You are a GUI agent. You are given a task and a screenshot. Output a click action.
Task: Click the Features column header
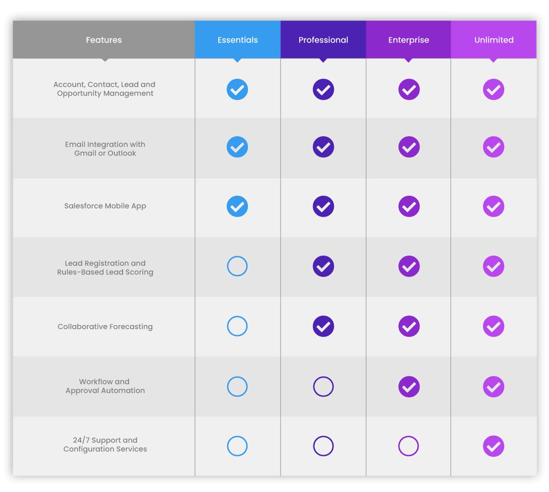point(104,40)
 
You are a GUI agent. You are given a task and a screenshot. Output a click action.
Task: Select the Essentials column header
point(237,40)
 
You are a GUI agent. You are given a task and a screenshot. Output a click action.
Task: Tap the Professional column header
point(323,40)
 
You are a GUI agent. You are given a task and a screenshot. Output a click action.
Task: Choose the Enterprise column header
point(409,40)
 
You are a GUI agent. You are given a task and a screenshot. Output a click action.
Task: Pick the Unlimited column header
point(494,40)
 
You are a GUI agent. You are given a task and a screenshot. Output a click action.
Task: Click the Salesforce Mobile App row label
point(105,206)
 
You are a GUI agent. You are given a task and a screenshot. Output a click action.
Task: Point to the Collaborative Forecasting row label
point(105,326)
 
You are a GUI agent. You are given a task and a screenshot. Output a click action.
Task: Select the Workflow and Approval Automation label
point(105,386)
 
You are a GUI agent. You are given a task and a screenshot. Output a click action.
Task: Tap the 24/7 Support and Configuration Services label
point(105,444)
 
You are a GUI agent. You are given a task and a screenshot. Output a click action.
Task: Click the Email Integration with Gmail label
point(105,149)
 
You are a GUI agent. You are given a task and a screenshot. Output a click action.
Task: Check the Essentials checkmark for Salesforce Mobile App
point(237,207)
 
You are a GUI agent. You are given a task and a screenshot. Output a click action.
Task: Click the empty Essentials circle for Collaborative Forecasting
point(237,326)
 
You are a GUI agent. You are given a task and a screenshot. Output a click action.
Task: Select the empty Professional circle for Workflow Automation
point(323,386)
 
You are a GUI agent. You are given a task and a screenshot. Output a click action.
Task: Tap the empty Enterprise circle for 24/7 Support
point(409,446)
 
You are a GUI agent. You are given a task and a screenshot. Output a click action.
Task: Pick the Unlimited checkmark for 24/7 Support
point(494,446)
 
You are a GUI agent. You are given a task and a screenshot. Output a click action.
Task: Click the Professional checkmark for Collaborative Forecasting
point(323,326)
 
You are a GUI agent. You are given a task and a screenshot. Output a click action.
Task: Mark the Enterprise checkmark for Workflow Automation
point(409,387)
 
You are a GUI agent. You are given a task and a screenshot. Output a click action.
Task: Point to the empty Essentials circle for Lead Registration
point(237,266)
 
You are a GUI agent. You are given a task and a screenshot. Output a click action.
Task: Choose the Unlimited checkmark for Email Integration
point(494,147)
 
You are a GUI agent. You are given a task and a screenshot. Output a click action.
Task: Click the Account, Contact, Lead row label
point(105,89)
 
